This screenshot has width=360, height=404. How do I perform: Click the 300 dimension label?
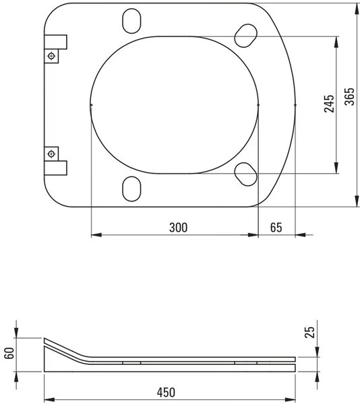(x=178, y=228)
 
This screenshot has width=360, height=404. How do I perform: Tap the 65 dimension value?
(x=276, y=228)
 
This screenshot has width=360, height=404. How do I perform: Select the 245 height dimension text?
(x=329, y=104)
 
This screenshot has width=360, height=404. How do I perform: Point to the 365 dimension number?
(x=350, y=96)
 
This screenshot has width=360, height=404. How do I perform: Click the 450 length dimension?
(x=166, y=393)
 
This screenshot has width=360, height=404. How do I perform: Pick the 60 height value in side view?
(x=9, y=353)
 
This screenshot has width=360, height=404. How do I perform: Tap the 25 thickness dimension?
(x=310, y=332)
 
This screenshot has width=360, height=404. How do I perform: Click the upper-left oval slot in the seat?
(x=131, y=21)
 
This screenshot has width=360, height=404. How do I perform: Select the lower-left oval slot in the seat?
(x=131, y=189)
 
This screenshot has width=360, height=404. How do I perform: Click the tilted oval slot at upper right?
(x=246, y=36)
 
